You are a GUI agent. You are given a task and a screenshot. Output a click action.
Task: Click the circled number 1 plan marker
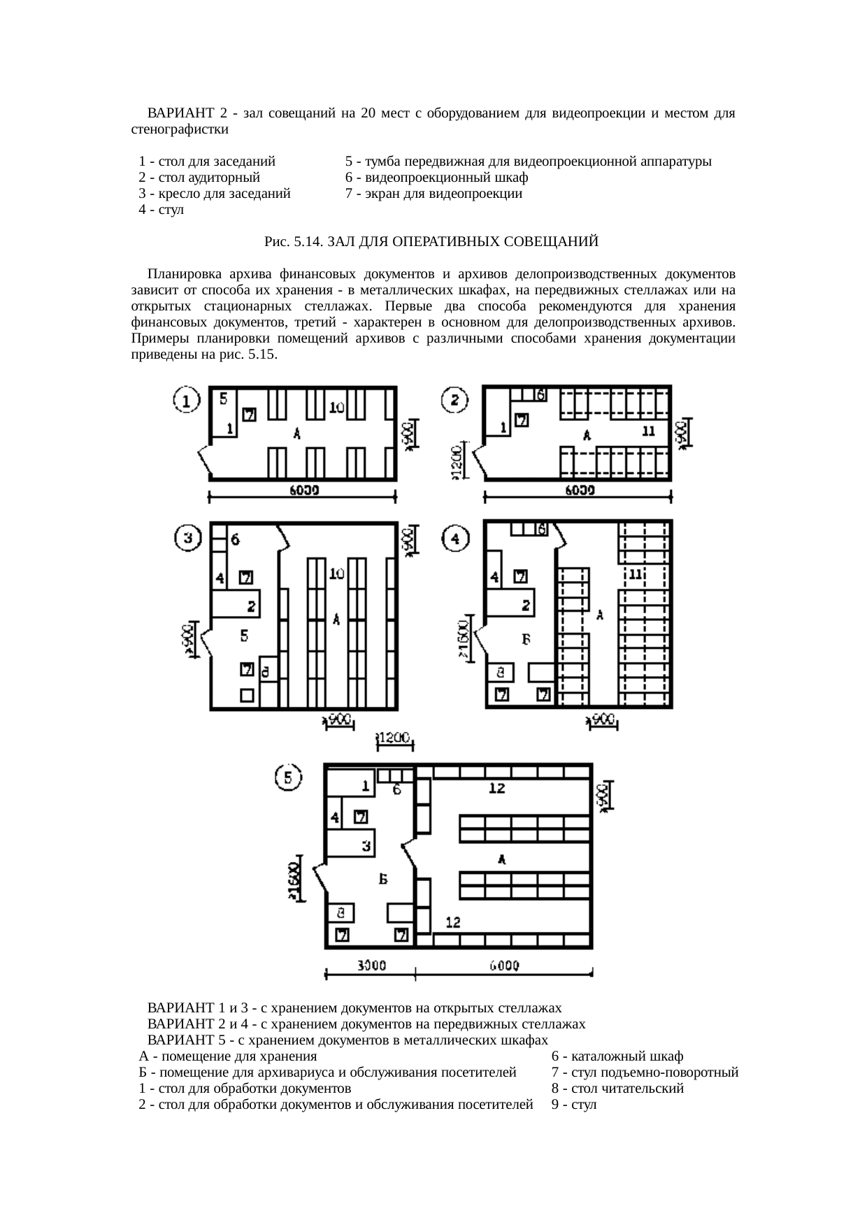[x=187, y=401]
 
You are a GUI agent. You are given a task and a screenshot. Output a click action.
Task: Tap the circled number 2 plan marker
[x=455, y=401]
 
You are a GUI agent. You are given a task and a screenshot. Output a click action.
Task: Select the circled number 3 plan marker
[x=187, y=538]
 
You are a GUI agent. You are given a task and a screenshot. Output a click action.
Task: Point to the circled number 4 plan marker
[x=455, y=539]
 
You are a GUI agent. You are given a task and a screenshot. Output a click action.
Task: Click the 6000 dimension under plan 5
[x=503, y=966]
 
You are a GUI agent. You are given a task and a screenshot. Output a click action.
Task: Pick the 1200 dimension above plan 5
[x=396, y=738]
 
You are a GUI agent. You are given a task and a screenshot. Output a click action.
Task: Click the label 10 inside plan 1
[x=336, y=407]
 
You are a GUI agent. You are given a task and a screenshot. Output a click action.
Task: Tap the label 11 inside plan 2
[x=648, y=430]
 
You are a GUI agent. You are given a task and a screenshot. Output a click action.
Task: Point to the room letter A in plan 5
[x=501, y=859]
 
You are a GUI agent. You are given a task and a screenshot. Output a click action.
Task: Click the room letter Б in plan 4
[x=525, y=638]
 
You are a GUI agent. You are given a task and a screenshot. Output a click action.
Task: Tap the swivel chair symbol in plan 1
[x=249, y=415]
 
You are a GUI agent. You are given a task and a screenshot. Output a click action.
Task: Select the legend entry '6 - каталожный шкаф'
[x=617, y=1056]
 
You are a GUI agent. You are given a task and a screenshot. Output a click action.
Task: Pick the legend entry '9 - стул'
[x=573, y=1105]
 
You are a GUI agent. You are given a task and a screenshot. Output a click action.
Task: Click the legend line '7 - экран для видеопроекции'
[x=433, y=194]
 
